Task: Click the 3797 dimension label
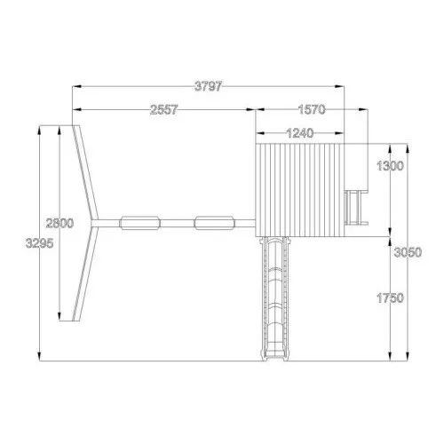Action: pyautogui.click(x=208, y=86)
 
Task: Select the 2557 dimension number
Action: pyautogui.click(x=163, y=110)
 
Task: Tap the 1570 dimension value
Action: pyautogui.click(x=312, y=110)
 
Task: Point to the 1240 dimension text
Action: pyautogui.click(x=300, y=133)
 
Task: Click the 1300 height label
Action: pyautogui.click(x=390, y=166)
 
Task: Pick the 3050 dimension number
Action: pyautogui.click(x=408, y=252)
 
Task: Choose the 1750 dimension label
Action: pyautogui.click(x=390, y=297)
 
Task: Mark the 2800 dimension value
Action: pyautogui.click(x=59, y=223)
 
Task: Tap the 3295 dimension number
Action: pyautogui.click(x=40, y=243)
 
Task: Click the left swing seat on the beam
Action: pyautogui.click(x=139, y=223)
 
